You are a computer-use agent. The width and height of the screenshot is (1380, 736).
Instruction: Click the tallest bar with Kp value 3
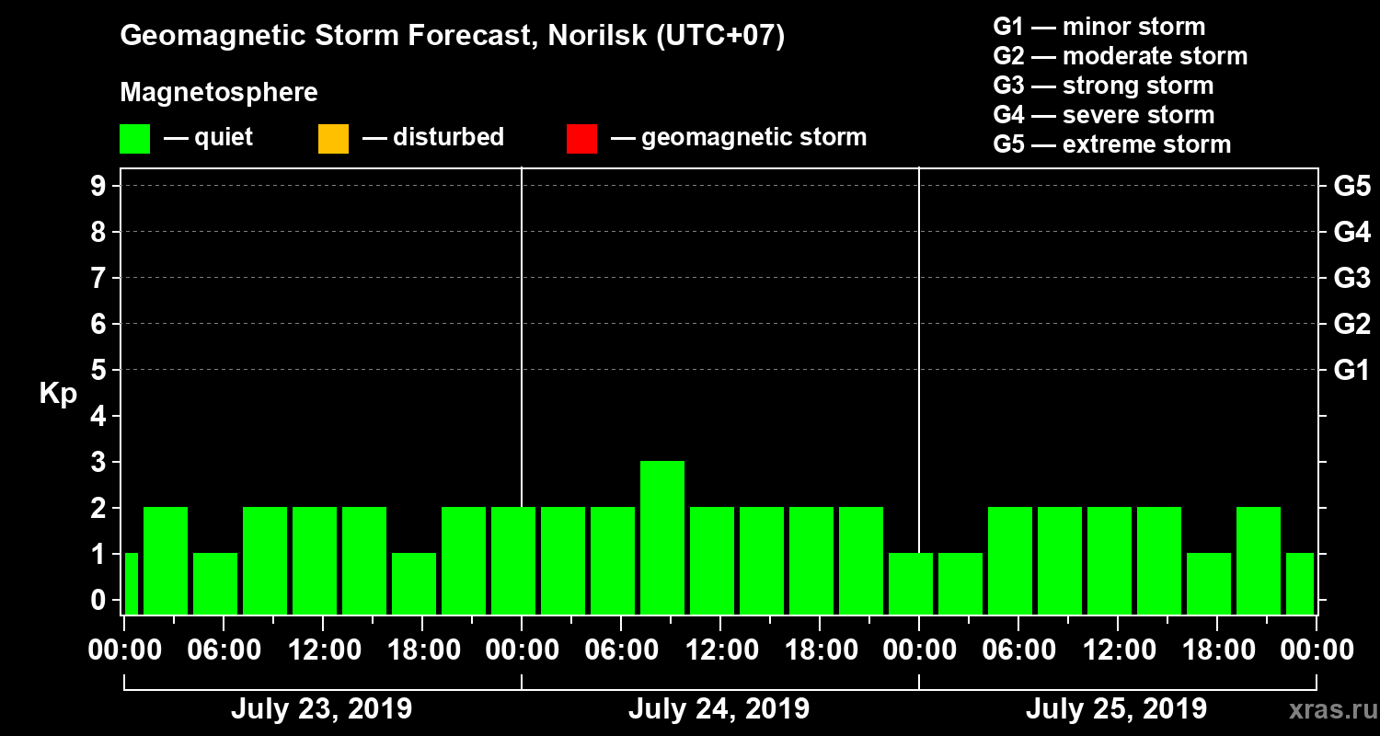tap(662, 537)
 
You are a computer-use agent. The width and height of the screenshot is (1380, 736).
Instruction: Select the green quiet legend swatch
tap(134, 139)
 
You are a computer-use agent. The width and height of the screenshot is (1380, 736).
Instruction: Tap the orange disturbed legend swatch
tap(333, 139)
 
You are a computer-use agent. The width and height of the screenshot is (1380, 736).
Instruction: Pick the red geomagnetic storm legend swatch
tap(581, 139)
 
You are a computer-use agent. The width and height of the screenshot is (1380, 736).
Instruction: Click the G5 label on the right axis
tap(1351, 186)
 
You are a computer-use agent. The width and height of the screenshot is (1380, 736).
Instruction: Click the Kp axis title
tap(58, 394)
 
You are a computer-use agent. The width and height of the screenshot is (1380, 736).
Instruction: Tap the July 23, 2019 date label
tap(321, 709)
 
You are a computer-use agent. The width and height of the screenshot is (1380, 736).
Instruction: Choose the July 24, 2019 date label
tap(719, 709)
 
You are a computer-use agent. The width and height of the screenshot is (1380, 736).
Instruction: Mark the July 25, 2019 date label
tap(1116, 709)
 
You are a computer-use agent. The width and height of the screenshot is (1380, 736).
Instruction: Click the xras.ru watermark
tap(1327, 710)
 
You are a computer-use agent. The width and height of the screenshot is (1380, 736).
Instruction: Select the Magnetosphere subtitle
tap(219, 93)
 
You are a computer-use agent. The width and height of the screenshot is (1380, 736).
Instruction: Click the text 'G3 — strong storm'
tap(1103, 86)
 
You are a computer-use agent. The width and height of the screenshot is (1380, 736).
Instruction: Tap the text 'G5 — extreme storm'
tap(1111, 144)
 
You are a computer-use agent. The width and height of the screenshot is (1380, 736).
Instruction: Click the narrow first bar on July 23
tap(131, 583)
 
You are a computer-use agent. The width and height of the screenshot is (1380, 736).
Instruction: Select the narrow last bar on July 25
tap(1300, 583)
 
